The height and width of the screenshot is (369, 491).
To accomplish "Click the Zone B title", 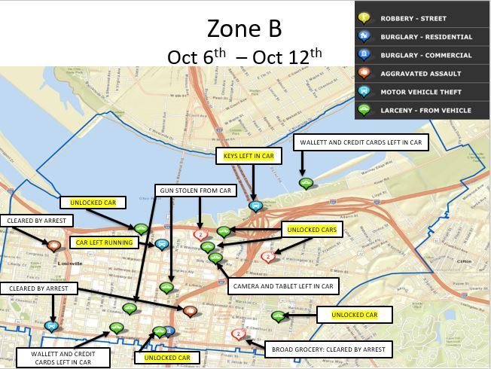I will [244, 29].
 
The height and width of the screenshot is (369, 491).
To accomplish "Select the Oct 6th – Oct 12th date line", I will [244, 56].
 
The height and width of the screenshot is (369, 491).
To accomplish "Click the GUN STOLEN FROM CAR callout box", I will [193, 191].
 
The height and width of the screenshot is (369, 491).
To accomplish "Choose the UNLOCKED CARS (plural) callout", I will [311, 229].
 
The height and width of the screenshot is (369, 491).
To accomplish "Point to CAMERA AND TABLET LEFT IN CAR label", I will [283, 286].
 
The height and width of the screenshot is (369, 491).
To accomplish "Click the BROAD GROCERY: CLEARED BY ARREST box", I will [328, 349].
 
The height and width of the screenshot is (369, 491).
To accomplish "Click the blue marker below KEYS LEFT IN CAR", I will [255, 205].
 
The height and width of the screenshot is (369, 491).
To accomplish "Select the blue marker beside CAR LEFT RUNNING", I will [161, 244].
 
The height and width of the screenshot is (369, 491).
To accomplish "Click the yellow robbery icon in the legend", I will [364, 18].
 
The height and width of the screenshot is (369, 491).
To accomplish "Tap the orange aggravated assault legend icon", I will [364, 74].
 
